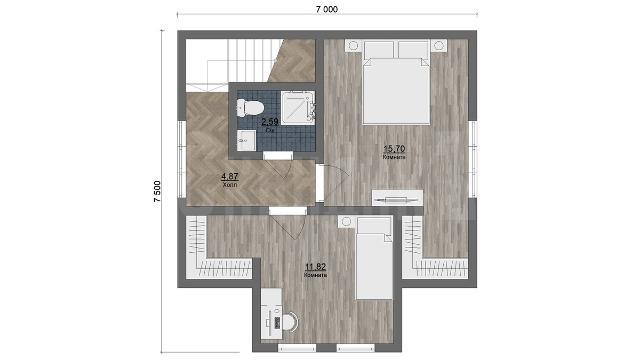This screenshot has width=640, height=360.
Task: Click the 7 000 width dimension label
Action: coord(327,10)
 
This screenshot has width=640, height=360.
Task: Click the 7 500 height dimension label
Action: coord(157,191)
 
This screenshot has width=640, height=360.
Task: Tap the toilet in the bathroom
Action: coord(250,108)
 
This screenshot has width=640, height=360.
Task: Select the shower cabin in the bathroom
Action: coord(298,108)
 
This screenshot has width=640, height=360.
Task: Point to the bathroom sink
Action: coord(246,140)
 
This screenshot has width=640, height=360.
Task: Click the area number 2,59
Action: coord(270,122)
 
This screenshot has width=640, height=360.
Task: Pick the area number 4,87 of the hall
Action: coord(230,177)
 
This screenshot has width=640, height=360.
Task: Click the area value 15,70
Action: coord(394,149)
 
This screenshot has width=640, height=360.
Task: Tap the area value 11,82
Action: coord(315,267)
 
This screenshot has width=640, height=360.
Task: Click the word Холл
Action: coord(230,185)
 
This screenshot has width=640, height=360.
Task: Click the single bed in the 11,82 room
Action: coord(374,259)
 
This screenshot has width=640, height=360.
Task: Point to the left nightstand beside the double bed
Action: coord(354,46)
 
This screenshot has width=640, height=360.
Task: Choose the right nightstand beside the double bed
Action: coord(439,46)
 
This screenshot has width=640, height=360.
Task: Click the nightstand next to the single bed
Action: coord(347,222)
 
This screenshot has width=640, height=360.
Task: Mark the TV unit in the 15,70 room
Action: coord(397,197)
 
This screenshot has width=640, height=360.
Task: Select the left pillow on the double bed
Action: coord(379,50)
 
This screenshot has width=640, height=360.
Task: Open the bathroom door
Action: coord(278,156)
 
